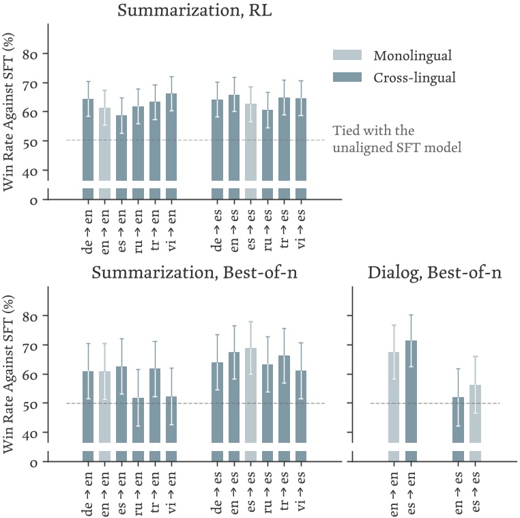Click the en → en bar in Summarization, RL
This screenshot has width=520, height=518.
coord(104,143)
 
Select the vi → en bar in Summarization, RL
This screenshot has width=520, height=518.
coord(171,136)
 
